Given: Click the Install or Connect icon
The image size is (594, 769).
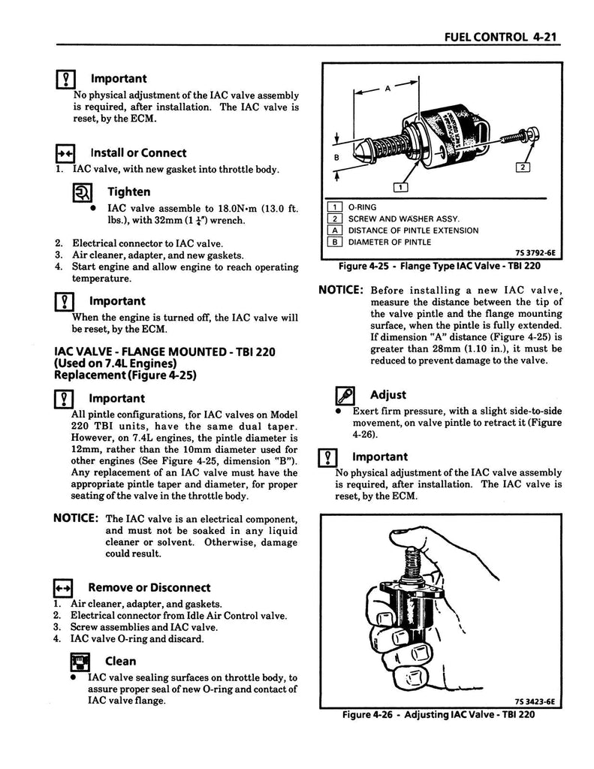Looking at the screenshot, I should pyautogui.click(x=64, y=153).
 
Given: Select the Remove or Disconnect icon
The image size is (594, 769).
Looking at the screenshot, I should pyautogui.click(x=63, y=588).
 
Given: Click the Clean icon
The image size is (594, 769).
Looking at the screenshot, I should pyautogui.click(x=79, y=662).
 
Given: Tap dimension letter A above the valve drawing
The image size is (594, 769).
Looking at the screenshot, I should pyautogui.click(x=387, y=89).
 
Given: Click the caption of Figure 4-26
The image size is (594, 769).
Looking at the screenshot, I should pyautogui.click(x=438, y=714).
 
